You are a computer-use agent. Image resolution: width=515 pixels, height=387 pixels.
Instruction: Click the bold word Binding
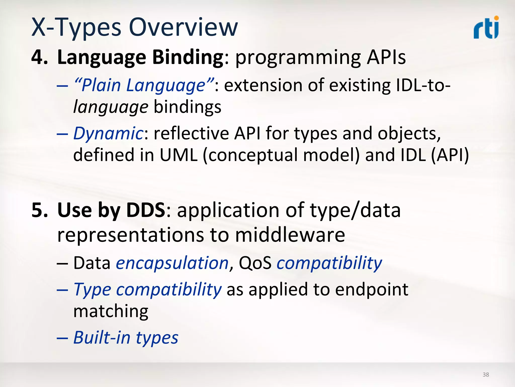click(x=188, y=57)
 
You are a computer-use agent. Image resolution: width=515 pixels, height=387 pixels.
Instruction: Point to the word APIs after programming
click(x=386, y=57)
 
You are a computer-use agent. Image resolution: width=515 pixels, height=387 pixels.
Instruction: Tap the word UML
click(x=178, y=155)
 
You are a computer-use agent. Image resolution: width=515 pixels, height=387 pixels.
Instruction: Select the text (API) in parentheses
click(x=450, y=155)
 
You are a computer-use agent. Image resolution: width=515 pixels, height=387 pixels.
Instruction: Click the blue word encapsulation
click(x=172, y=263)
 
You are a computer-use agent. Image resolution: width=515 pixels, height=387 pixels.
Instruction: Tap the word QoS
click(x=255, y=263)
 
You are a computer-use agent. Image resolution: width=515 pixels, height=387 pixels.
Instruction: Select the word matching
click(x=111, y=311)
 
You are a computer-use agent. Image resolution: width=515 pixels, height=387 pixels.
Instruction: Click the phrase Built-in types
click(x=126, y=338)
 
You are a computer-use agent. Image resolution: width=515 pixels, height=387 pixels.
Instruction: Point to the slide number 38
click(x=486, y=375)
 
